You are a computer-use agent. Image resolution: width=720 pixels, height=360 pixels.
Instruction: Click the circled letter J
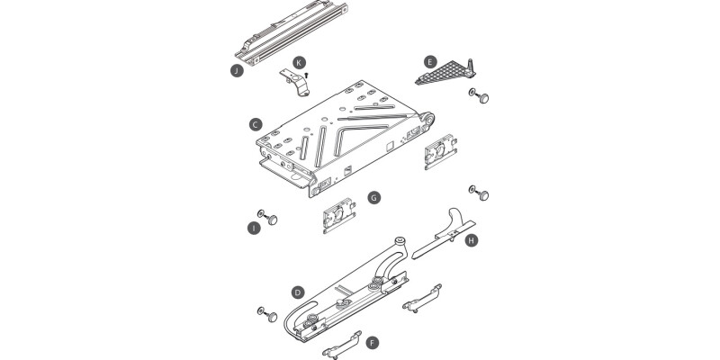click(237, 71)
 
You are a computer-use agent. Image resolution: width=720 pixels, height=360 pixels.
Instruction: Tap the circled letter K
click(300, 62)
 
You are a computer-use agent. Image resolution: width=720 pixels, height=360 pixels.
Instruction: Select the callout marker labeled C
click(256, 124)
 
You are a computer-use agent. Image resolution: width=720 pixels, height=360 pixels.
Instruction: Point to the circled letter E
click(430, 62)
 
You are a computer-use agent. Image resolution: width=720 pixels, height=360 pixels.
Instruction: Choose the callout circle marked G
click(374, 198)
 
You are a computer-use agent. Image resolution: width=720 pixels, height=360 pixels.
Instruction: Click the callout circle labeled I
click(254, 228)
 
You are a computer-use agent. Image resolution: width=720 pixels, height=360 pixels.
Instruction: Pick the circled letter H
click(471, 240)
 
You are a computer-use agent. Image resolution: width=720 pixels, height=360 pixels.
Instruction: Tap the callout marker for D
click(298, 292)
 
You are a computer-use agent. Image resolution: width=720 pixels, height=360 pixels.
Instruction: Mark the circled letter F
click(373, 343)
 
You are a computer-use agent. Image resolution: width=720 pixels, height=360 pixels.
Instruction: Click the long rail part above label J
click(291, 33)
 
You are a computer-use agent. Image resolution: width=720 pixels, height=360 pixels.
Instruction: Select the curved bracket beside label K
click(295, 83)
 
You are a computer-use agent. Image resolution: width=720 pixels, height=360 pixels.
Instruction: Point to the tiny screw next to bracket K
click(306, 75)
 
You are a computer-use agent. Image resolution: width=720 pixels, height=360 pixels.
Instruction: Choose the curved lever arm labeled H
click(444, 233)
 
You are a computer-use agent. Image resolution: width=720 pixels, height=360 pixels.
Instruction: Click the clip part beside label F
click(342, 346)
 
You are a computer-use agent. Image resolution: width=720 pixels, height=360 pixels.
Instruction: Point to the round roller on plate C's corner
click(430, 120)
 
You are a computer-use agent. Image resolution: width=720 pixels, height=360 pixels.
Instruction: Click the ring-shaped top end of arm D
click(400, 240)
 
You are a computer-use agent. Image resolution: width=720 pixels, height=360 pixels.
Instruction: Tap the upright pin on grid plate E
click(469, 67)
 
